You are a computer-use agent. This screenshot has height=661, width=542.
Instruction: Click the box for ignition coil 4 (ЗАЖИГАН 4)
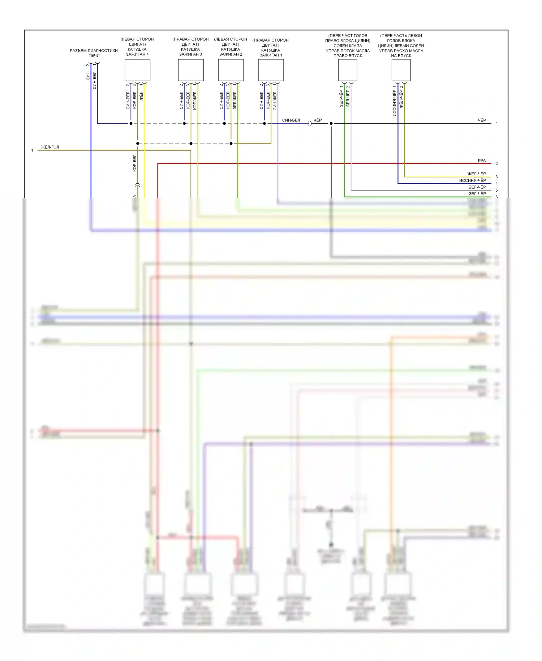pos(137,70)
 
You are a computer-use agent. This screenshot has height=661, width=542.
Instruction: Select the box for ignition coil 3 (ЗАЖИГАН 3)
pos(191,70)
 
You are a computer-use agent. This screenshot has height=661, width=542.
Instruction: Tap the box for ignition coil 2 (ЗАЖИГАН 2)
pos(231,70)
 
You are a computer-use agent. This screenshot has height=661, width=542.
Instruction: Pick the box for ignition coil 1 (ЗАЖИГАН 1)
pos(271,70)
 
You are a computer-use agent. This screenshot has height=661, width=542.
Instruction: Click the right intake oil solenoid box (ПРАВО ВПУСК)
pos(348,70)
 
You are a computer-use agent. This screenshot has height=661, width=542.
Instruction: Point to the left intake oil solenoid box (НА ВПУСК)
pos(401,70)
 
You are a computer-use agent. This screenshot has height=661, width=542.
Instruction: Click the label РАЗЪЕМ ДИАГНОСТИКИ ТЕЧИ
pos(94,53)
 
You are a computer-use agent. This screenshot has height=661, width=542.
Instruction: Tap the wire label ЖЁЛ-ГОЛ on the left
pos(50,147)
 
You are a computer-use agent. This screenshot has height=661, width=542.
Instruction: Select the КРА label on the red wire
pos(482,161)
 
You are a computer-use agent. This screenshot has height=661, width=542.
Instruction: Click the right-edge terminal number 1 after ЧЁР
pos(497,124)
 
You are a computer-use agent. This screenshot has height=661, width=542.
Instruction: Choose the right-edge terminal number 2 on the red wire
pos(497,164)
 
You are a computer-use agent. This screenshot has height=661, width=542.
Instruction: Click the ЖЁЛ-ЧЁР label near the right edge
pos(477,174)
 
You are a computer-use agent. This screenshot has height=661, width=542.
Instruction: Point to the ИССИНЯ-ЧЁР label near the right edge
pos(472,180)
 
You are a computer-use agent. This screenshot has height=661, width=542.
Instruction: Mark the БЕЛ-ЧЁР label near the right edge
pos(477,187)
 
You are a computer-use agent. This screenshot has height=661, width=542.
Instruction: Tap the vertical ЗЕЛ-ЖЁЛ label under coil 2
pos(235,100)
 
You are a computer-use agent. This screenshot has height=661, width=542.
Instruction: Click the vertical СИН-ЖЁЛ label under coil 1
pos(275,101)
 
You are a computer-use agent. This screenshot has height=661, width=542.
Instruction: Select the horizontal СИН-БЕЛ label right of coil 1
pos(291,120)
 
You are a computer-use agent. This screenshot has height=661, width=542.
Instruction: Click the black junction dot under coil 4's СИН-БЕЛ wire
pos(131,124)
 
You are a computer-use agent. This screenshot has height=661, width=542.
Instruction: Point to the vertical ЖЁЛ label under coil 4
pos(141,96)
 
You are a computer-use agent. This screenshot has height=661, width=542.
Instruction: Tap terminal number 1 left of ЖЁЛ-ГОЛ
pos(33,150)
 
